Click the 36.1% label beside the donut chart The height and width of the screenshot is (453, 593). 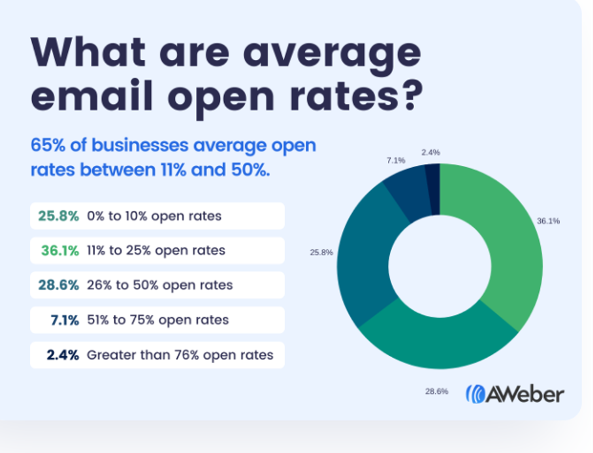pos(548,221)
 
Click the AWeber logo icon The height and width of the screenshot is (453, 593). pos(475,394)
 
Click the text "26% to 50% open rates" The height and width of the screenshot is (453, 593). pos(160,285)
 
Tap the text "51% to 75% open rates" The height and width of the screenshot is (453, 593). pos(158,320)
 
